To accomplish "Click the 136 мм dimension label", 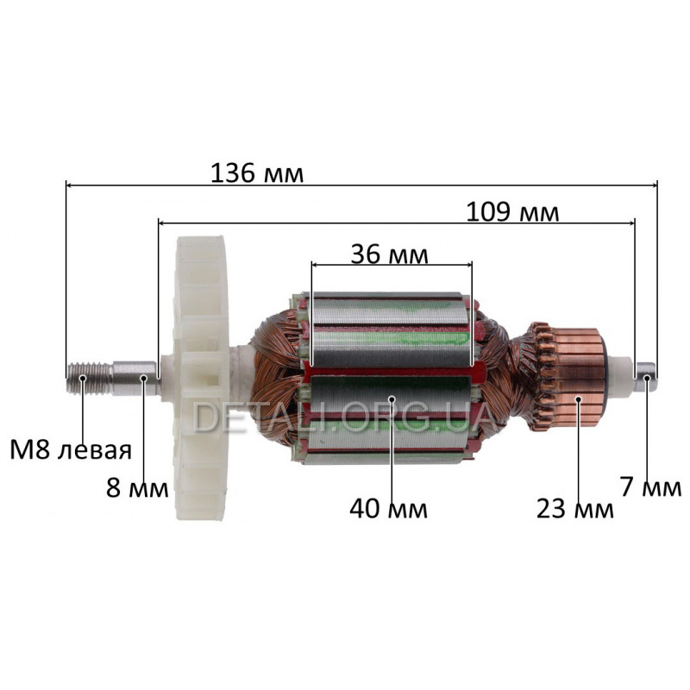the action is coord(257,173).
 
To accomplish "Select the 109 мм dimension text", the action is coord(512,212).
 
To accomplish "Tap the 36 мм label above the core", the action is coord(390,254).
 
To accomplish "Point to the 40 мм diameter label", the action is coord(389,509).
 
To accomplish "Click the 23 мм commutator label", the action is coord(574,509).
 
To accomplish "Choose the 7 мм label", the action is coord(651,487).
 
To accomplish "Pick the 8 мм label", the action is coord(137,487).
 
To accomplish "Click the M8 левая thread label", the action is coord(71,450).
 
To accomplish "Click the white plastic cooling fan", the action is coord(202,379).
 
